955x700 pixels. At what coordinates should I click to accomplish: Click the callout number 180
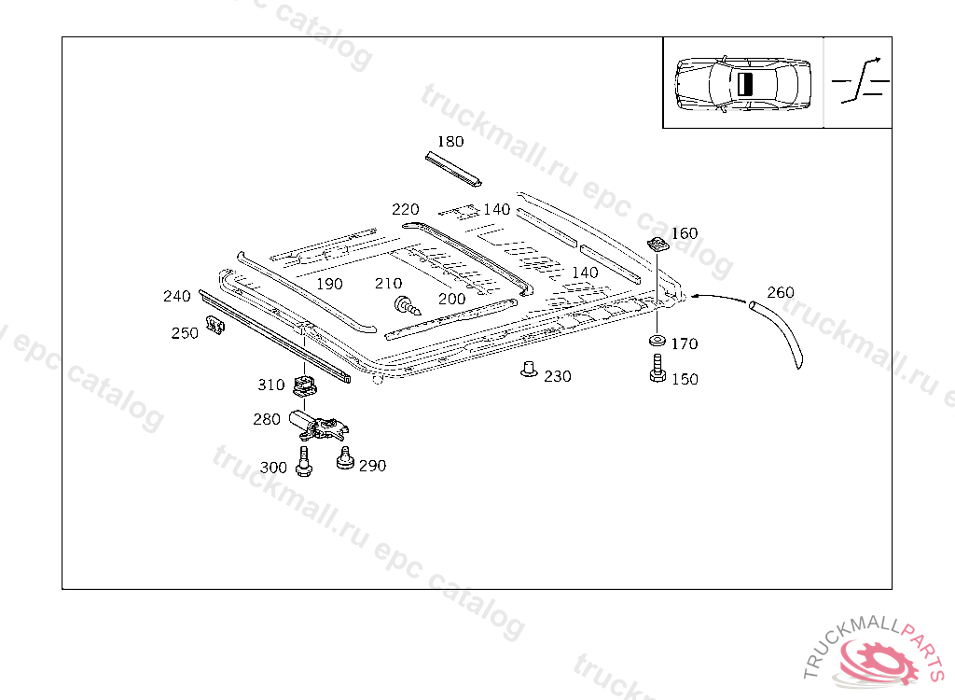pos(450,142)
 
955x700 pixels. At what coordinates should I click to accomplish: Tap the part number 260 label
pos(781,292)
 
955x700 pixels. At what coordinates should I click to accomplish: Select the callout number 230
pos(558,376)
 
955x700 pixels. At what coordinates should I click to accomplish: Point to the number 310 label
pos(271,385)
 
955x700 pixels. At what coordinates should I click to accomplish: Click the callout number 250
pos(185,333)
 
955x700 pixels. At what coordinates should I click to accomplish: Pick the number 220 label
pos(406,209)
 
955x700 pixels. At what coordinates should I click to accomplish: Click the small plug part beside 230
pos(529,370)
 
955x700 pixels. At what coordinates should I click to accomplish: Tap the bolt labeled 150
pos(656,369)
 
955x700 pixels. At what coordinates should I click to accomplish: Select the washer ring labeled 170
pos(657,340)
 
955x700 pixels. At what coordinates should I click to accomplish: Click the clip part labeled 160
pos(657,245)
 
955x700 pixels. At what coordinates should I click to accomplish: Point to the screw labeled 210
pos(407,304)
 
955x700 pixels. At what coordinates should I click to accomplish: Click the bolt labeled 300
pos(303,462)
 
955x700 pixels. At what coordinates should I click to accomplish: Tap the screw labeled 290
pos(346,459)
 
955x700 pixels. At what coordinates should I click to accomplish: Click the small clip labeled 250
pos(215,327)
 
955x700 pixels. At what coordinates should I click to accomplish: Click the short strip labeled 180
pos(454,167)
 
